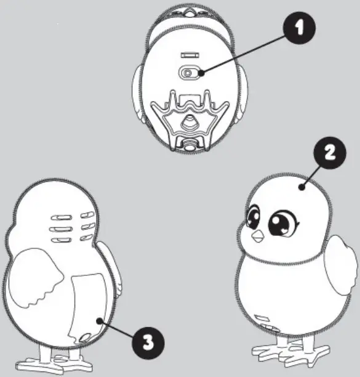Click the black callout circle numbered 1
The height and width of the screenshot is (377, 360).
(x=299, y=28)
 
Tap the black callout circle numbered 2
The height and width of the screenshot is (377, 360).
(x=330, y=153)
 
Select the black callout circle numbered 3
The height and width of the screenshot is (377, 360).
(x=148, y=343)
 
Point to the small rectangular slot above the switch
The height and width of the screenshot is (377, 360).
(x=190, y=55)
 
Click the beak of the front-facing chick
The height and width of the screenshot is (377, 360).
(x=258, y=237)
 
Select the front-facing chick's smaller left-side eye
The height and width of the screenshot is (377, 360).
(x=253, y=216)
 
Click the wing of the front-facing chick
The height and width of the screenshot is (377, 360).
(x=340, y=265)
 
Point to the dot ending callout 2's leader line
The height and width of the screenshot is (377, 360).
(x=302, y=187)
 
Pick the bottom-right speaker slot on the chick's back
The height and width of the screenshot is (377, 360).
(x=86, y=238)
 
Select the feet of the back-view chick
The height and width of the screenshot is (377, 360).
(x=54, y=360)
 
